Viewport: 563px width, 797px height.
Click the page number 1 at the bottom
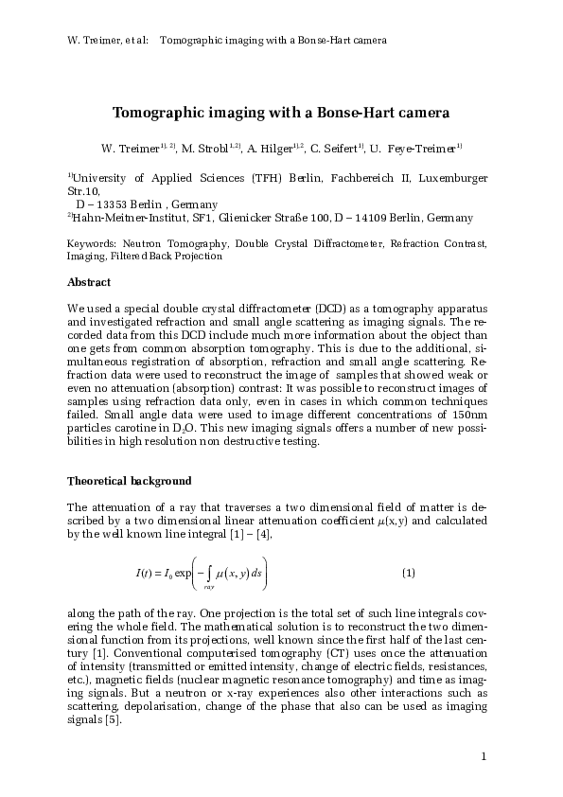(x=484, y=755)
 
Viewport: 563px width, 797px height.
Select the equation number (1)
(x=409, y=573)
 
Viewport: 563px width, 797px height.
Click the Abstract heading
(x=89, y=282)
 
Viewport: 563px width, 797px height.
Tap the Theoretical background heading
(x=130, y=481)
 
